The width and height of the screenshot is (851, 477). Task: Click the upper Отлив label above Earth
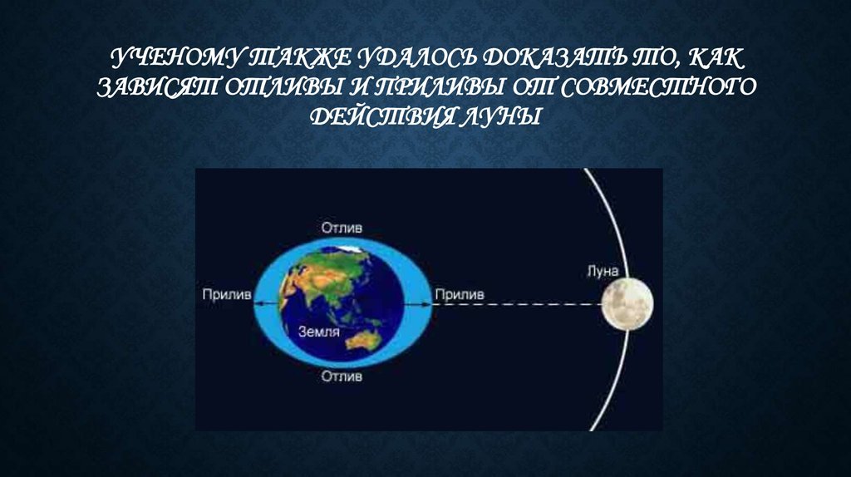[x=342, y=228]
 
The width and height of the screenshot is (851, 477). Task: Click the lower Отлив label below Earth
[x=342, y=376]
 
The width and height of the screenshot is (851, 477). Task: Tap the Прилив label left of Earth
[x=227, y=295]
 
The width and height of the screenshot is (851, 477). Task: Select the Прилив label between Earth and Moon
[x=459, y=295]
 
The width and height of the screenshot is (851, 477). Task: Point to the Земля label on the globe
[x=319, y=332]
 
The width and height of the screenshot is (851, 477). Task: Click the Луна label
[x=603, y=272]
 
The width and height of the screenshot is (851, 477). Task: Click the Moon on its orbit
[x=627, y=304]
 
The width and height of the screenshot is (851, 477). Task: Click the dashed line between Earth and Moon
[x=517, y=304]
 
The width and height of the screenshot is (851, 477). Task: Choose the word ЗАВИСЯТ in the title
[x=158, y=87]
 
